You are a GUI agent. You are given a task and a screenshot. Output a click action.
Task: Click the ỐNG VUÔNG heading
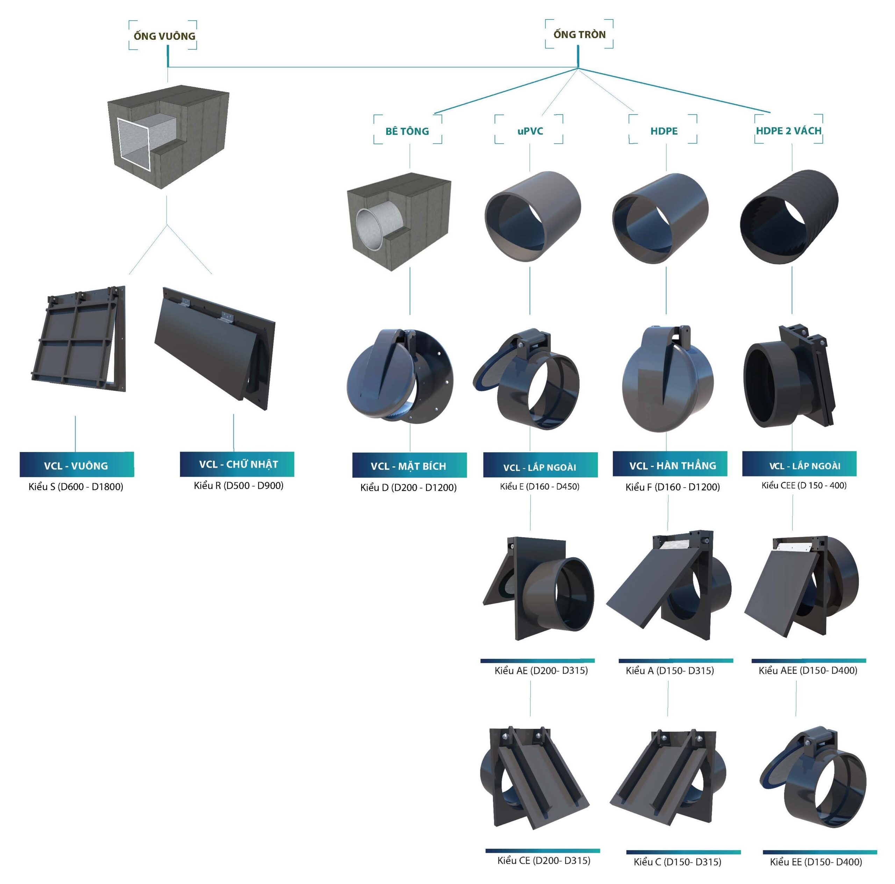(164, 36)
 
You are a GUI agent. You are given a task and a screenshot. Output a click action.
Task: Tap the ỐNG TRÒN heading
(579, 34)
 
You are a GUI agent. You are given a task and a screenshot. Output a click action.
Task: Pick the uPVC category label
(530, 131)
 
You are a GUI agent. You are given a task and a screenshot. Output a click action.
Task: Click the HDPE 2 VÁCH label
(788, 131)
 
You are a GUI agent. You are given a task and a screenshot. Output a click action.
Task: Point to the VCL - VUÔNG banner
(77, 465)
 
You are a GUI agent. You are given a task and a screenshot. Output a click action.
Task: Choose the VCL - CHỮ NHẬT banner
(237, 464)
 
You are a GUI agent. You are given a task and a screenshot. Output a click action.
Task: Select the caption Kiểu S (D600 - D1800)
(76, 487)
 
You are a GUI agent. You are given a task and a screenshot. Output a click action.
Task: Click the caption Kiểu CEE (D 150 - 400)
(804, 485)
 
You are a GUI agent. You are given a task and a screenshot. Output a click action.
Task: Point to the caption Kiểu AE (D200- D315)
(540, 670)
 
